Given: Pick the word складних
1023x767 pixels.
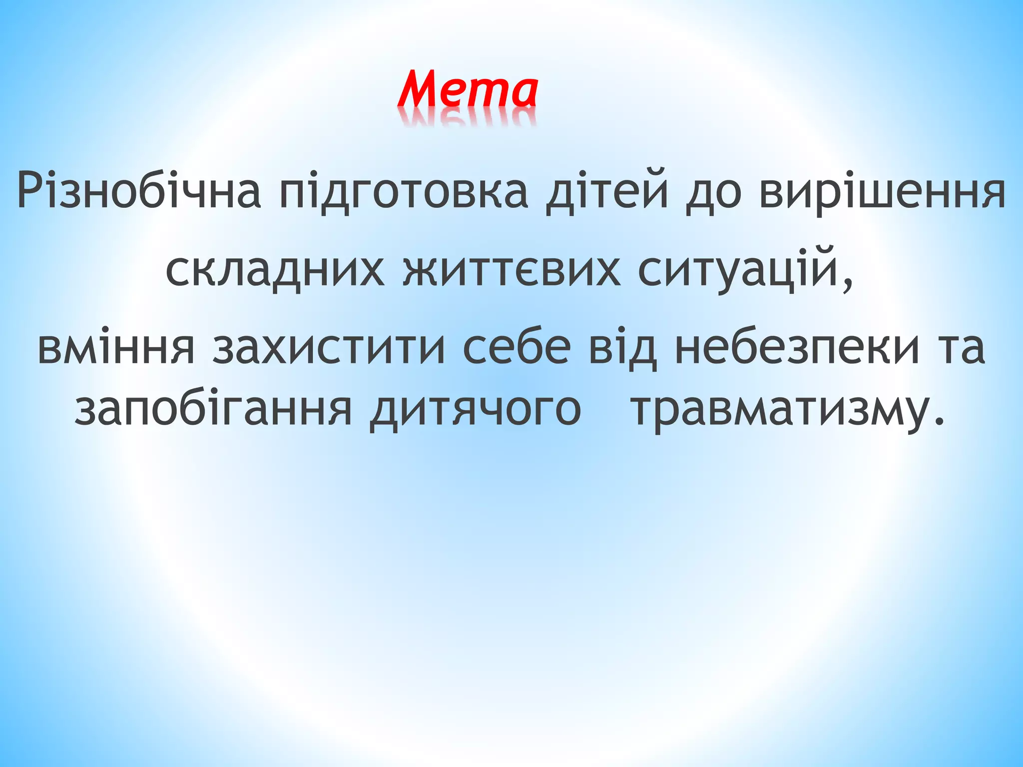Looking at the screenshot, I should pos(274,271).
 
